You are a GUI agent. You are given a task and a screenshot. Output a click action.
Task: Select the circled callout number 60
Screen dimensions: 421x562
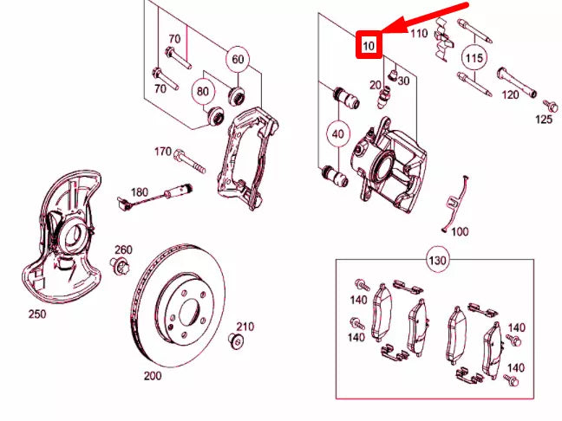coord(237,60)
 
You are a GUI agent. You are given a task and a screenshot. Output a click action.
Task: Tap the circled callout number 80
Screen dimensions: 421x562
coord(204,90)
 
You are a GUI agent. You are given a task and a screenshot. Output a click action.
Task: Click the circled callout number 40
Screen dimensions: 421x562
coord(338,135)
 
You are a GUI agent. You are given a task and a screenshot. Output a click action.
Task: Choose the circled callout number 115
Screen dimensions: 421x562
coord(473,59)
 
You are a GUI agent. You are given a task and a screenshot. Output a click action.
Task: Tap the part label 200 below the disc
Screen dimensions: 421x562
coord(153,378)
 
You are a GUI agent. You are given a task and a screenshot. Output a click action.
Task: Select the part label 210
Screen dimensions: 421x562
coord(245,327)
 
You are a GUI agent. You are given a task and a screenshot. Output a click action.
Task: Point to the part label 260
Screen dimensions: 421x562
coord(122,250)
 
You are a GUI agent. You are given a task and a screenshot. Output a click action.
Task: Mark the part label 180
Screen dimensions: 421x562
coord(140,191)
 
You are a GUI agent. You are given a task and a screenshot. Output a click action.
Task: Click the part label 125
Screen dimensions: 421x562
coord(543,119)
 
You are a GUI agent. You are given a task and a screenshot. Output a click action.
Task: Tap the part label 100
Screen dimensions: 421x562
coord(460,231)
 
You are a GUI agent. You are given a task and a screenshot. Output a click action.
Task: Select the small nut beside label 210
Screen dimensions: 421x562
coord(233,340)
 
